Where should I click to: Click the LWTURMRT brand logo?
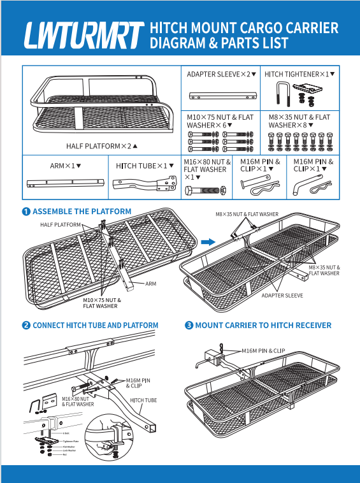click(83, 36)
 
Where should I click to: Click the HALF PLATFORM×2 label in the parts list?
click(99, 146)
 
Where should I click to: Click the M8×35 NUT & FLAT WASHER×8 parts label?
click(299, 121)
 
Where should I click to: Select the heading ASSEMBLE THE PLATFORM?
click(82, 212)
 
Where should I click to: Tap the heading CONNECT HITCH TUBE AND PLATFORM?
click(95, 326)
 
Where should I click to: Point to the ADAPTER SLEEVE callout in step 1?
click(282, 296)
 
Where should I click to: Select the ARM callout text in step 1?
click(151, 283)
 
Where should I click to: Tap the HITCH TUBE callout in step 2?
click(143, 401)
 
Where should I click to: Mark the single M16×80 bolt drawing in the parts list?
click(206, 190)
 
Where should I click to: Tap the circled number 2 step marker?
click(26, 326)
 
